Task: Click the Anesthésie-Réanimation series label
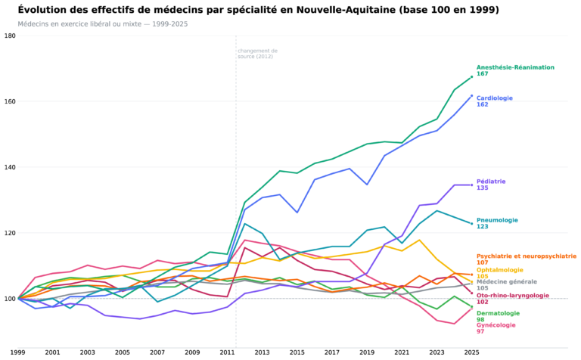point(515,67)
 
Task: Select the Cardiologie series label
point(495,98)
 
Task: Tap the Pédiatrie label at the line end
point(491,182)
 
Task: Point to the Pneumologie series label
point(497,220)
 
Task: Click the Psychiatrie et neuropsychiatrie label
point(527,256)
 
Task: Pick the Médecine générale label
point(507,282)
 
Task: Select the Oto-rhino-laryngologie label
point(513,296)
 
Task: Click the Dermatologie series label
point(498,313)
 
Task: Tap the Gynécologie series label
point(496,325)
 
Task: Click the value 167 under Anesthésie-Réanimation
point(483,73)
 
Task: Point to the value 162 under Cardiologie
point(483,104)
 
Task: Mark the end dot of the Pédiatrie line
point(472,185)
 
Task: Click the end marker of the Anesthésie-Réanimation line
point(472,77)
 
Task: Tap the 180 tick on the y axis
point(10,36)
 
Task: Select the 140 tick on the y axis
point(10,167)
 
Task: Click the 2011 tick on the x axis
point(228,352)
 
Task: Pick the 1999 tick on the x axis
point(18,352)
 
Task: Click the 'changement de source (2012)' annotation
point(257,54)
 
